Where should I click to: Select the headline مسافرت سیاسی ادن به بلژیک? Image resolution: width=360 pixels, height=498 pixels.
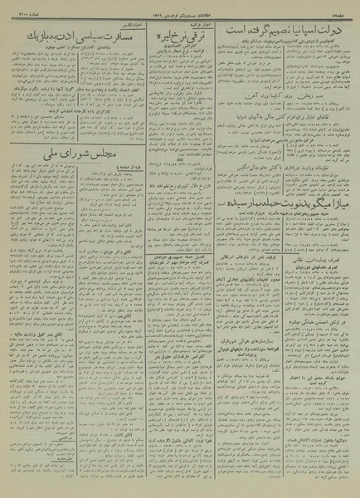click(x=66, y=37)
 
